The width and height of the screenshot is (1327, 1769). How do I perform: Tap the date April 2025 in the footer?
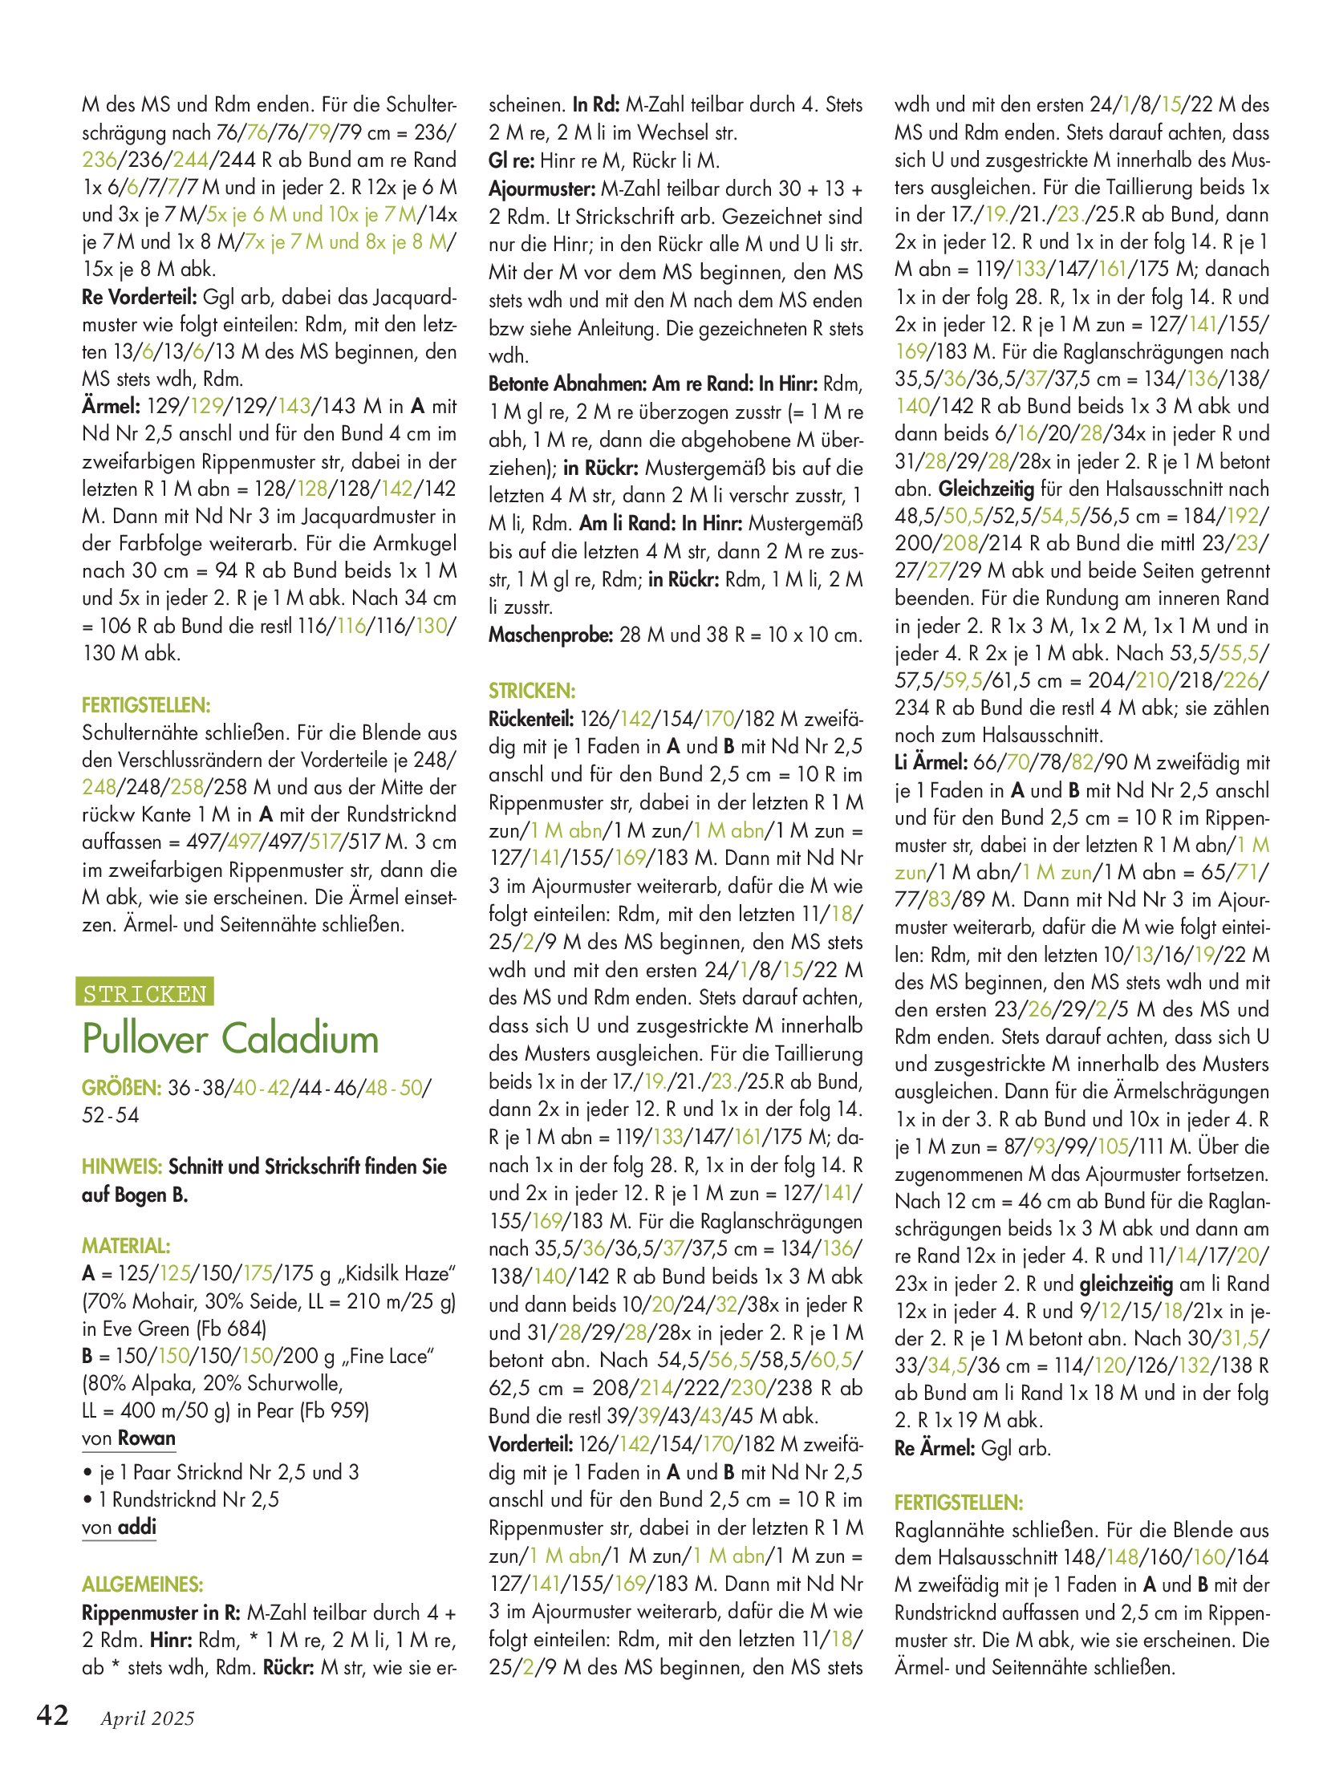tap(148, 1718)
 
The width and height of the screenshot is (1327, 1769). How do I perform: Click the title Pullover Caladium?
tap(230, 1038)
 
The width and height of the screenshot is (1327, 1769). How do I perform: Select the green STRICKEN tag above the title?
tap(144, 993)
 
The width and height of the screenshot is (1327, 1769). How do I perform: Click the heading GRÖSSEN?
tap(121, 1088)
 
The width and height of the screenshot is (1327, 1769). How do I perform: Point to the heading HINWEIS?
tap(122, 1166)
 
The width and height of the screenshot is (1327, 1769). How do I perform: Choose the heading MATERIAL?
tap(126, 1246)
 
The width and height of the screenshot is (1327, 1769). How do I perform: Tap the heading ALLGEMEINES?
tap(142, 1584)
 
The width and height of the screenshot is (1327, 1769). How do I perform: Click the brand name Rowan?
tap(146, 1438)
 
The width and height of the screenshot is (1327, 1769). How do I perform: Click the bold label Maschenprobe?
tap(550, 635)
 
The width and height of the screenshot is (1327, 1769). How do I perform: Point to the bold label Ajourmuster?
tap(542, 189)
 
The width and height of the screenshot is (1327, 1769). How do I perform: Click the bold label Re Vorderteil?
tap(139, 298)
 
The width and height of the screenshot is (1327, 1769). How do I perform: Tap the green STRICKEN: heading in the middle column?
tap(532, 691)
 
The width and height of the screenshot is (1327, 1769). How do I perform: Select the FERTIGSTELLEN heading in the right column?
tap(959, 1502)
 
